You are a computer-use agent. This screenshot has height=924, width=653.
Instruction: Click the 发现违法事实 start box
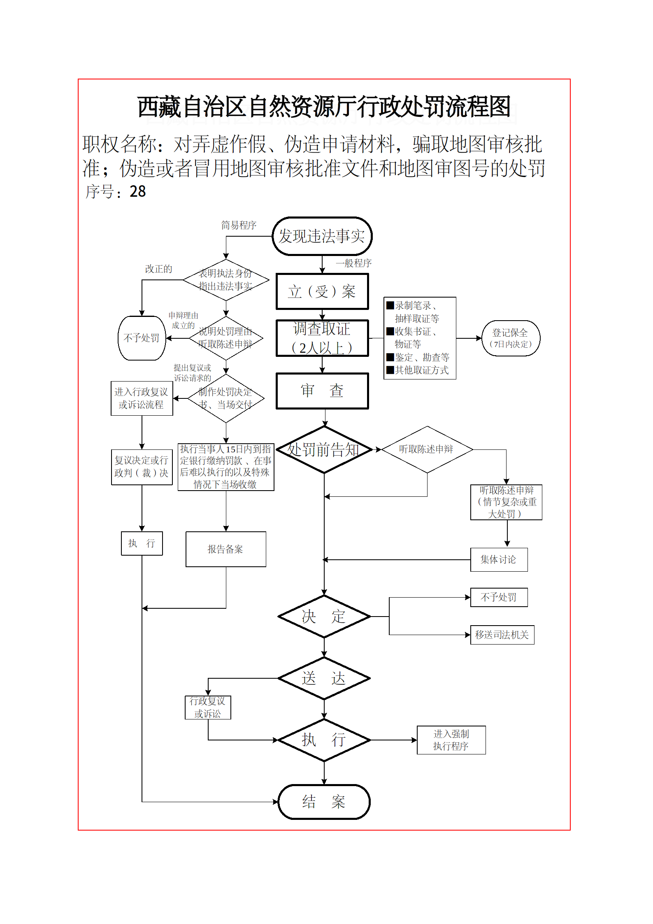(x=322, y=236)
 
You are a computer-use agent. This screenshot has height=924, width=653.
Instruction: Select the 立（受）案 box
(x=322, y=291)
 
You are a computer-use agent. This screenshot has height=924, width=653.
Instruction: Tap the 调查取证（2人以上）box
(x=322, y=338)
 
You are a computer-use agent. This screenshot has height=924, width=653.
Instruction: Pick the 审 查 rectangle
(x=322, y=391)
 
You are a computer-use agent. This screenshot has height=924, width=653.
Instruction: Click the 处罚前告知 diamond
(x=324, y=449)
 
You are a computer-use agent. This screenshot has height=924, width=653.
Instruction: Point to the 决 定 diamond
(x=324, y=616)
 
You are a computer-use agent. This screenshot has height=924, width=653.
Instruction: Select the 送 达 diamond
(x=324, y=678)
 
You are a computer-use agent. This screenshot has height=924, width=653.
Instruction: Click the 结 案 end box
(x=324, y=801)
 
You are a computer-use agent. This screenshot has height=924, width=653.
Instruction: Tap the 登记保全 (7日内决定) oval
(x=510, y=338)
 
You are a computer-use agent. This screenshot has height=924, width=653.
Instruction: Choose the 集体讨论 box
(x=499, y=559)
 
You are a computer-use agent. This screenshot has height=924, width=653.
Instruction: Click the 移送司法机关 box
(x=502, y=635)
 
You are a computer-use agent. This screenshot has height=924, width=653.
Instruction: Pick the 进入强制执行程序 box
(x=451, y=740)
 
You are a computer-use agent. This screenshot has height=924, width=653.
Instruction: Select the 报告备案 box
(x=225, y=549)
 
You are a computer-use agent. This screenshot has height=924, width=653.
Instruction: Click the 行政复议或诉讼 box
(x=208, y=707)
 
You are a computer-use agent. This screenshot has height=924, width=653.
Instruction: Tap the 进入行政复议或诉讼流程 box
(x=142, y=398)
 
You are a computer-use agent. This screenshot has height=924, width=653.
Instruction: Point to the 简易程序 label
(x=239, y=225)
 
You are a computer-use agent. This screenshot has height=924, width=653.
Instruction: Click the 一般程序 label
(x=354, y=263)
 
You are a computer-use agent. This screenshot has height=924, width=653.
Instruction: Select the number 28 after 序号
(x=138, y=191)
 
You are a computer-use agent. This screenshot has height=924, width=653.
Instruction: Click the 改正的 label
(x=158, y=269)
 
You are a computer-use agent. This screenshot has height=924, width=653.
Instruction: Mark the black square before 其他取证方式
(x=390, y=370)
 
